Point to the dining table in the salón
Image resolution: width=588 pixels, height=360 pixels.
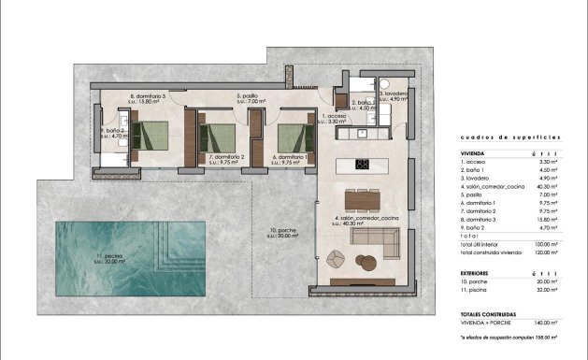tap(364, 199)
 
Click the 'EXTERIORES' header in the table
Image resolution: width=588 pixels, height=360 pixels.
tap(478, 274)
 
